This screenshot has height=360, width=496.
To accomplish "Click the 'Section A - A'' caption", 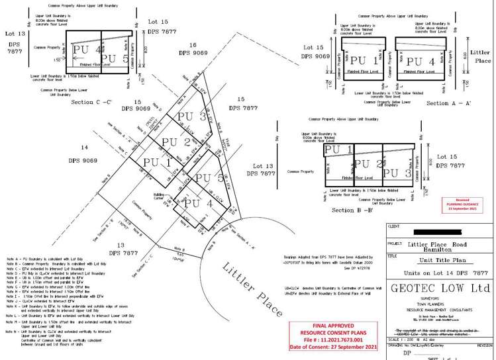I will click(x=448, y=104).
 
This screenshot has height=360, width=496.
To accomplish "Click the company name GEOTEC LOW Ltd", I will click(x=438, y=288).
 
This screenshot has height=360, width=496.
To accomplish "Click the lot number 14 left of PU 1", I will click(x=83, y=147).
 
